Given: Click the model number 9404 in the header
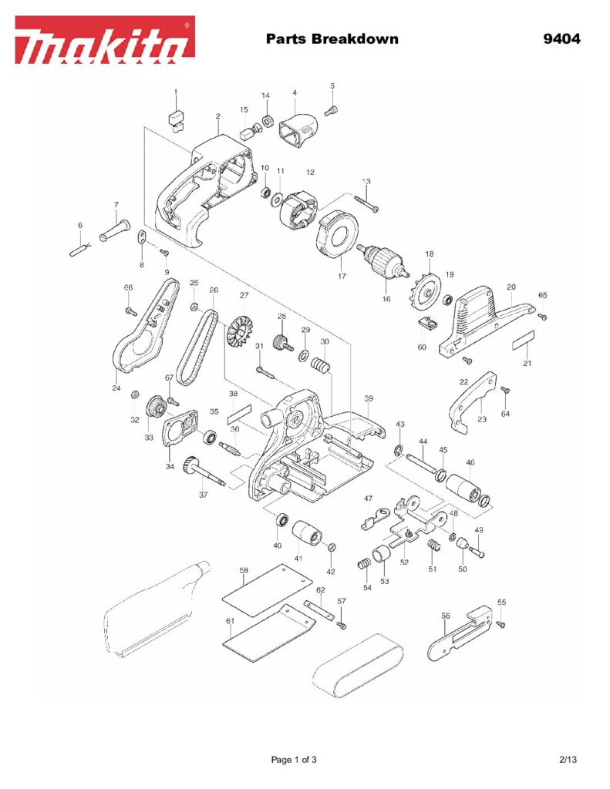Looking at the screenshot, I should [561, 39].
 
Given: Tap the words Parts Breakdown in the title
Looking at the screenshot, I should [332, 39].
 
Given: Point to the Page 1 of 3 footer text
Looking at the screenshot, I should [294, 760].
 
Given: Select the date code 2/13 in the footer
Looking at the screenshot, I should [568, 760].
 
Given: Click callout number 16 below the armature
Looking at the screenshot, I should [386, 299].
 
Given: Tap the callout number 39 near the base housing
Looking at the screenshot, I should [369, 398].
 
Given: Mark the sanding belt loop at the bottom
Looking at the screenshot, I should [359, 666].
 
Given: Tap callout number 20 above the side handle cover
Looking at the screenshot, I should [511, 287].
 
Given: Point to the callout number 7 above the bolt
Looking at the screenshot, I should [116, 205].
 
